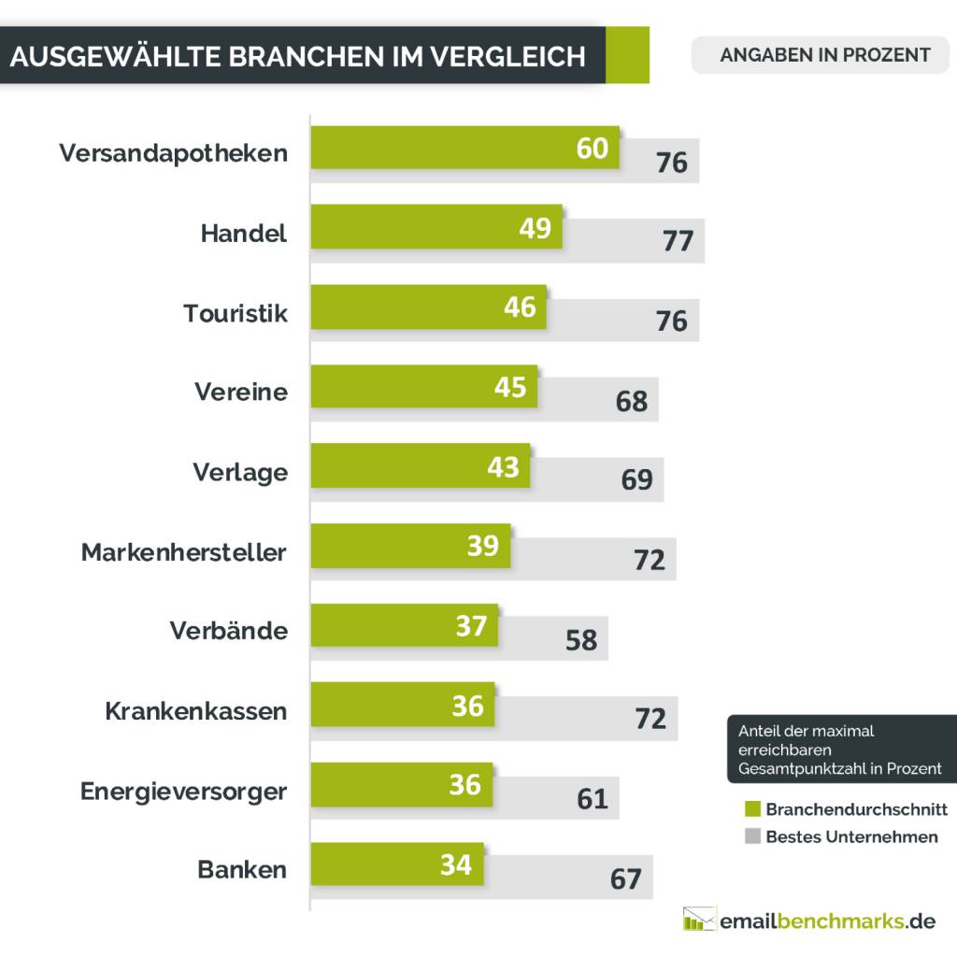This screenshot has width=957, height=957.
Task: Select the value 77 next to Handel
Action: click(x=678, y=241)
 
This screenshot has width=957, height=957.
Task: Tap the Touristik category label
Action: click(x=236, y=313)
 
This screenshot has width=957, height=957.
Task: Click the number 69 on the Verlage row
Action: click(x=636, y=479)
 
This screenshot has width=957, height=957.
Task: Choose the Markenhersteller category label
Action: click(x=183, y=552)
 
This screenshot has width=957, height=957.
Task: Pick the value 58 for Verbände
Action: click(x=581, y=639)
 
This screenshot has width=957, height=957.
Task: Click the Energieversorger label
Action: click(x=183, y=792)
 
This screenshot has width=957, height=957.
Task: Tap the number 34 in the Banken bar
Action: click(x=456, y=865)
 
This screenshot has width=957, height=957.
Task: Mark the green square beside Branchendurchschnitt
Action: click(x=752, y=809)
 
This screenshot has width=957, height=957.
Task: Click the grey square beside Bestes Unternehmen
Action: click(x=752, y=837)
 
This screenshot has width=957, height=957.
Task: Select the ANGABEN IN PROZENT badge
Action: click(x=824, y=54)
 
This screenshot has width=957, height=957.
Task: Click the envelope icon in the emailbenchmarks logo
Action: click(x=699, y=920)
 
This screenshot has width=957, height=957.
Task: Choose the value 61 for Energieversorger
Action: click(x=593, y=799)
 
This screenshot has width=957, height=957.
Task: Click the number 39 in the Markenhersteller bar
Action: click(x=483, y=546)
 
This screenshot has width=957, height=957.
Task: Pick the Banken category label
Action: click(x=242, y=870)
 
